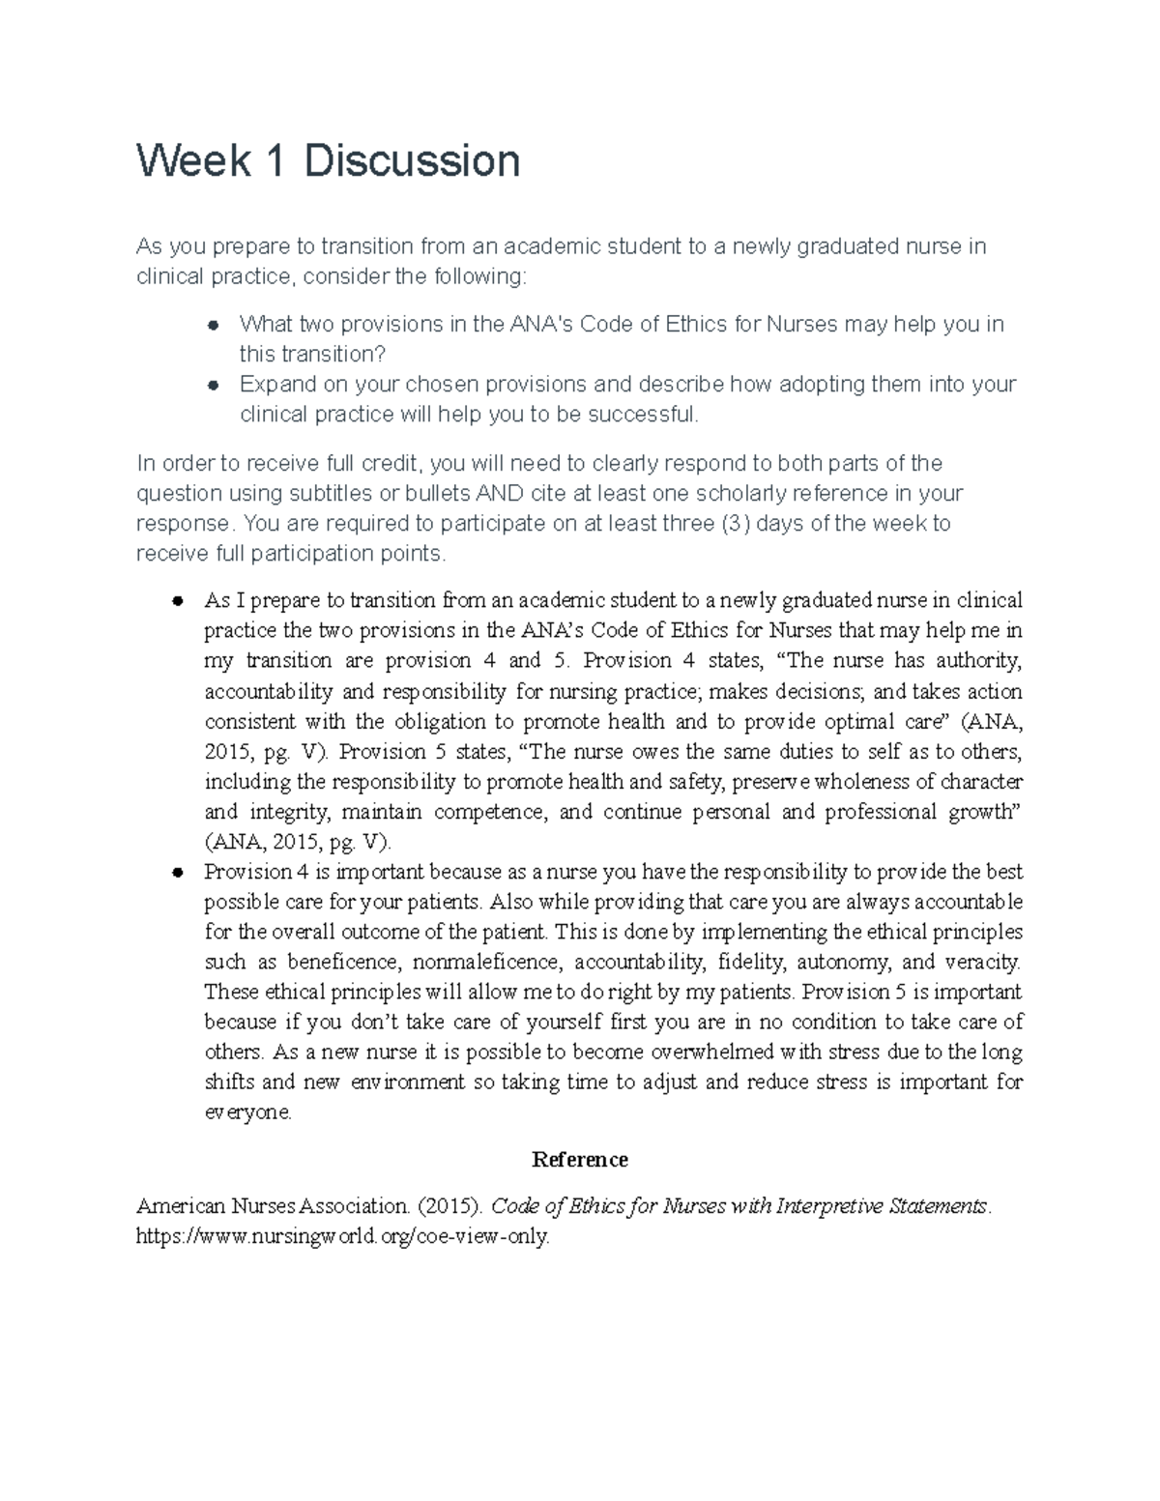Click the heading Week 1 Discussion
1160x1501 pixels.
tap(329, 160)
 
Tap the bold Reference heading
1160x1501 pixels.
tap(580, 1159)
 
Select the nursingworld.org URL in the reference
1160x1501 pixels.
tap(343, 1236)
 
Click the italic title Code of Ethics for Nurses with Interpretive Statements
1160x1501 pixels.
tap(740, 1206)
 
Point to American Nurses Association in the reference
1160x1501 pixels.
tap(273, 1206)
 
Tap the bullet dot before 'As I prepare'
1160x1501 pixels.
tap(177, 601)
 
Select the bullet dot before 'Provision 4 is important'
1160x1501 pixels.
tap(177, 872)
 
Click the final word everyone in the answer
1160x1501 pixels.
tap(247, 1111)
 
